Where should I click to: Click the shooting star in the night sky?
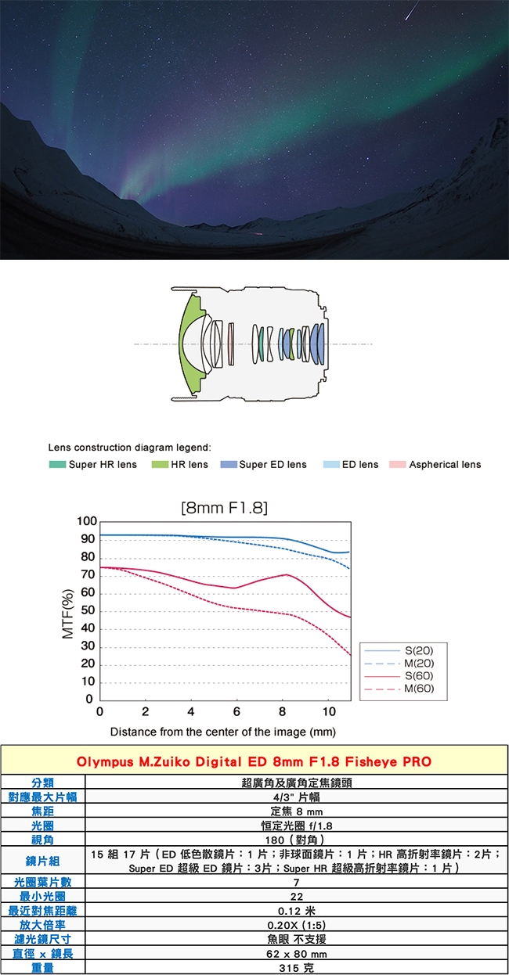click(x=412, y=10)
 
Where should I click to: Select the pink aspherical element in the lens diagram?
click(x=231, y=344)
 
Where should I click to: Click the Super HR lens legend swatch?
click(x=57, y=465)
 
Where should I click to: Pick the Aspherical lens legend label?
click(x=445, y=465)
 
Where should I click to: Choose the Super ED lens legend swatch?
click(x=229, y=465)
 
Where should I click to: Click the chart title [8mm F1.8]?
click(x=224, y=508)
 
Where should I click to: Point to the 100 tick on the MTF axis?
click(x=86, y=521)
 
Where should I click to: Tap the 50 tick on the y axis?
click(x=88, y=610)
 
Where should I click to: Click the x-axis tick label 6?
click(x=236, y=711)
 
